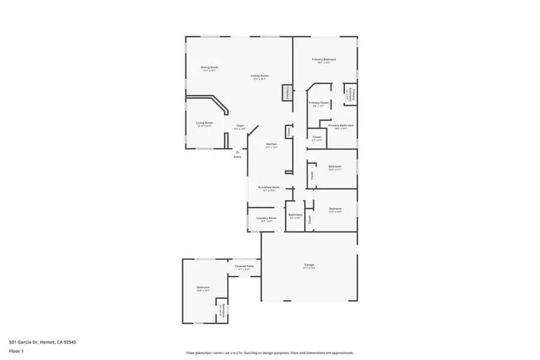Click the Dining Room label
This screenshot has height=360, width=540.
tap(209, 68)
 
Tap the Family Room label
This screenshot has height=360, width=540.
tap(259, 76)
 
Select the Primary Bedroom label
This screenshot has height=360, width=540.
tap(323, 60)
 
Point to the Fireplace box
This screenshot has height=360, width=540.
tap(287, 93)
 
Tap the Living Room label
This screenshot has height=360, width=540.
tap(205, 124)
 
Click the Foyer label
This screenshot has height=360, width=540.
tap(239, 126)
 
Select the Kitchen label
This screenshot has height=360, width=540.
tap(271, 145)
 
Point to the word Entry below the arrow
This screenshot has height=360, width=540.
tap(238, 157)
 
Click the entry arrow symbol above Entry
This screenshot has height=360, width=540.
tap(238, 152)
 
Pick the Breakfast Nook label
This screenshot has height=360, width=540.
tap(269, 188)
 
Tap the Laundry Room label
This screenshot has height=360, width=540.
tap(266, 218)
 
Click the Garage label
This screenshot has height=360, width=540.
tap(309, 265)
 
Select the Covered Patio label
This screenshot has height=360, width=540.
tap(244, 266)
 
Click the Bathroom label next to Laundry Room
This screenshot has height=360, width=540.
tap(295, 215)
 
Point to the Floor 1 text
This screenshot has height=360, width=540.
tap(16, 350)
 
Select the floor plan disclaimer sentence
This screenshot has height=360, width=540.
tap(270, 353)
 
